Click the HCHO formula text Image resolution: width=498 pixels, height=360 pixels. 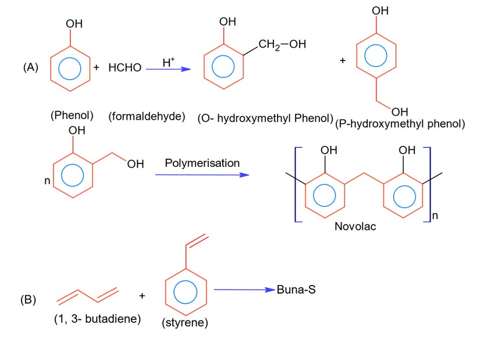pos(124,68)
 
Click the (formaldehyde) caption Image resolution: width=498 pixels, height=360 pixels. pos(147,116)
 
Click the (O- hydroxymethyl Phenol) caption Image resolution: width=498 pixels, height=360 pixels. pos(265,117)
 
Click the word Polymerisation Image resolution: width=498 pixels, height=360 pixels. pos(202,163)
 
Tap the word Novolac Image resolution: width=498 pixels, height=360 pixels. pos(355,226)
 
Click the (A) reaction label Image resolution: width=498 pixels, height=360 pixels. pos(31,67)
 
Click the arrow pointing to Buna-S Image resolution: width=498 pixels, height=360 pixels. pos(244,290)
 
